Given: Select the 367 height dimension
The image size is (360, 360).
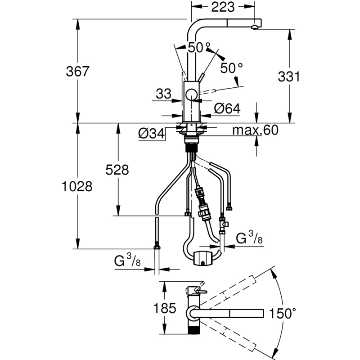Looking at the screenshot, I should pos(78,71).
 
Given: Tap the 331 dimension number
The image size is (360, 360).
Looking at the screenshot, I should pos(288,76).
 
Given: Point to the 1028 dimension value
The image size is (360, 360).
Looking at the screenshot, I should pos(77,186).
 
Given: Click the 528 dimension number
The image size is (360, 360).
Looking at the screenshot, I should pos(117,170).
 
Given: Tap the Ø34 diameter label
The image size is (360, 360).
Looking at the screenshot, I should pos(151,133).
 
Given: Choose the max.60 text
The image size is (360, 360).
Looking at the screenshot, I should pos(255,130).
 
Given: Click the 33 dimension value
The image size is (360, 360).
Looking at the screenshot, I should pos(164,94).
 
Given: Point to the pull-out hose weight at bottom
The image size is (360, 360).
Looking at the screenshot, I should pos(202,260).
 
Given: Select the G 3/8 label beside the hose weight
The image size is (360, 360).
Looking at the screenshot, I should pos(249,238).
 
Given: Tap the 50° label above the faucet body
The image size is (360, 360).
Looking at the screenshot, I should pos(199,47).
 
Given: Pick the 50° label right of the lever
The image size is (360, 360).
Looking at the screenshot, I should pos(231,68).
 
